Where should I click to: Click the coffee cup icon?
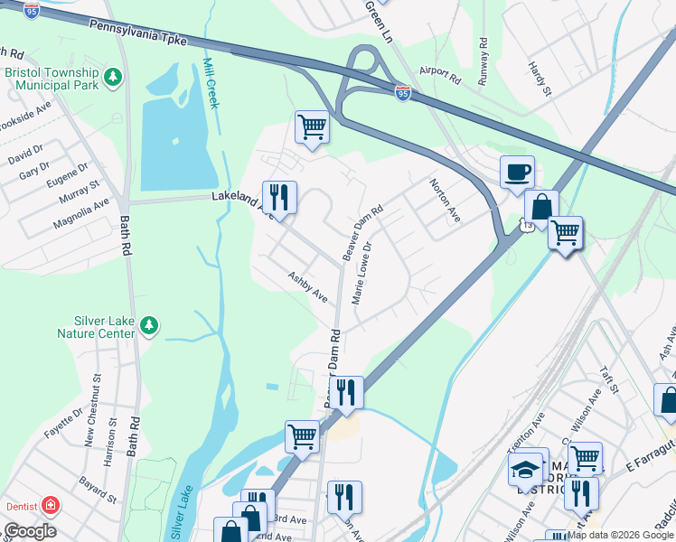point(517,172)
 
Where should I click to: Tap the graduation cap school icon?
point(525,469)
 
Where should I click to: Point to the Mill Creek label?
point(211,83)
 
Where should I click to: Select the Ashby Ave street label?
point(307,286)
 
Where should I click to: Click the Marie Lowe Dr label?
point(361,272)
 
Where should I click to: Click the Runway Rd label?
point(484,55)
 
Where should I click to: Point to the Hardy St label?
point(540,79)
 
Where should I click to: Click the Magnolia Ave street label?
point(81,214)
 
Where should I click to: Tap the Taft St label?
point(613,380)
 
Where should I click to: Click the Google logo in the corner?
point(30,531)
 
